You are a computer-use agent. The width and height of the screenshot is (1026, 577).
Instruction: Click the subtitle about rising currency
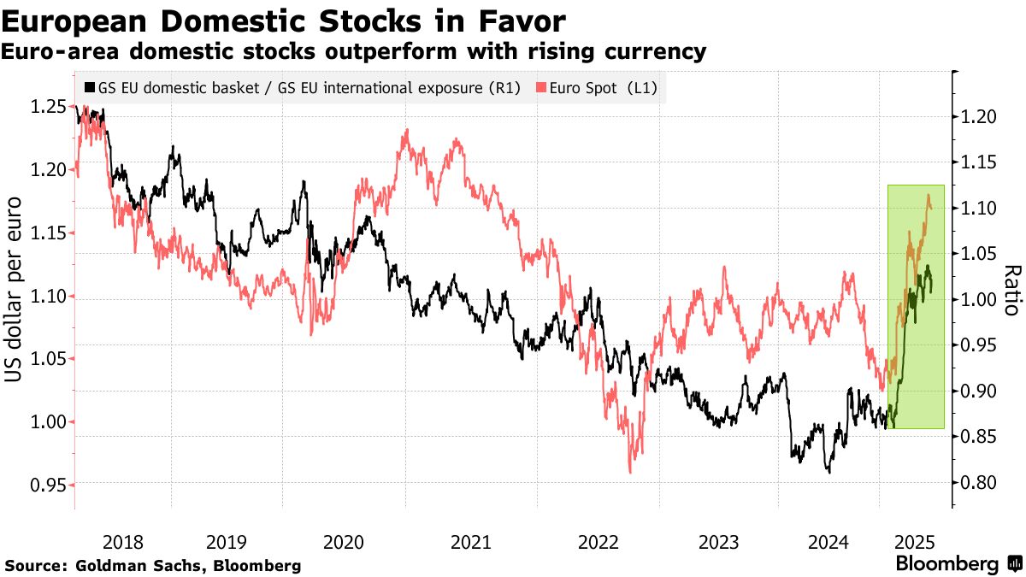(354, 52)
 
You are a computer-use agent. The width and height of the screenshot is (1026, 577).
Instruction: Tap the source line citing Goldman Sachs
(153, 566)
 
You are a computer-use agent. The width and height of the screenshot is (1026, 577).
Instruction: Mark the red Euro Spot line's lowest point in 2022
(631, 472)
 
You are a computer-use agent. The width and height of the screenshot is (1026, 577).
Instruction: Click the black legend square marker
(90, 88)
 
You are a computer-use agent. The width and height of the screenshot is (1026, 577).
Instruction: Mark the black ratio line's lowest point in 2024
(828, 471)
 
